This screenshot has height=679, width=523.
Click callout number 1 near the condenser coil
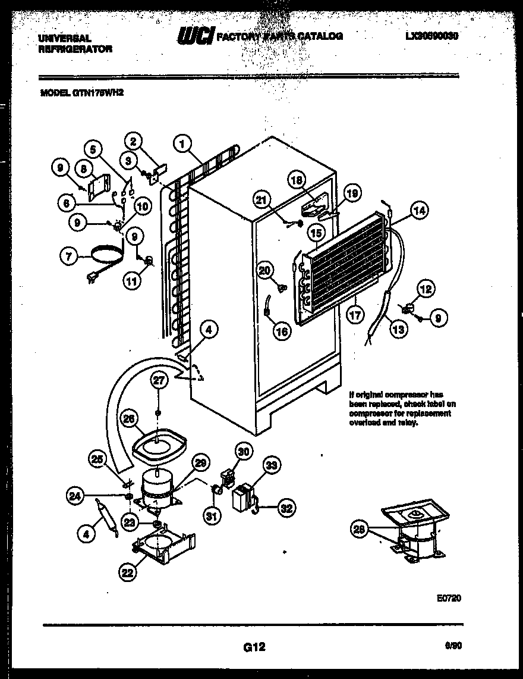click(183, 143)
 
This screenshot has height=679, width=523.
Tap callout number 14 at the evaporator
click(419, 209)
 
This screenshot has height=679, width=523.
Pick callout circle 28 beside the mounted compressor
click(358, 531)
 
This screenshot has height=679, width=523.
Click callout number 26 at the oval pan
click(128, 419)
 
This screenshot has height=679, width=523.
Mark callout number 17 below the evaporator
click(355, 315)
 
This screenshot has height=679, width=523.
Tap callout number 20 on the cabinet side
click(265, 270)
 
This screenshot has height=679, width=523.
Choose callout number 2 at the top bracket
click(134, 142)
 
